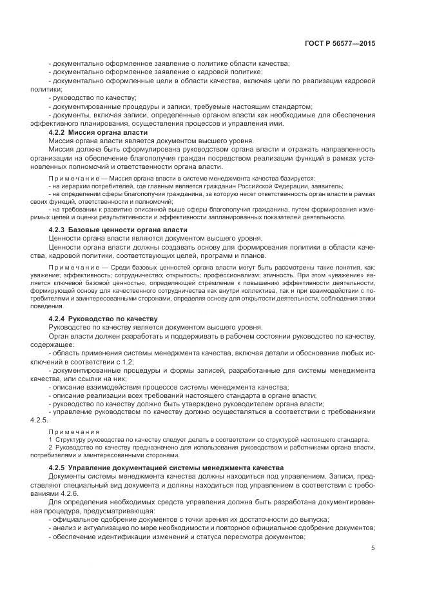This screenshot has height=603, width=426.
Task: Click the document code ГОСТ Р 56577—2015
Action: tap(340, 43)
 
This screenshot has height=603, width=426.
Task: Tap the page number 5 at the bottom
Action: tap(373, 548)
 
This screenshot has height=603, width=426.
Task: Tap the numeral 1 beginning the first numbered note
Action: tap(51, 439)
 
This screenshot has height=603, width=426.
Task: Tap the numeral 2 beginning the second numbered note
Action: tap(51, 446)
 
